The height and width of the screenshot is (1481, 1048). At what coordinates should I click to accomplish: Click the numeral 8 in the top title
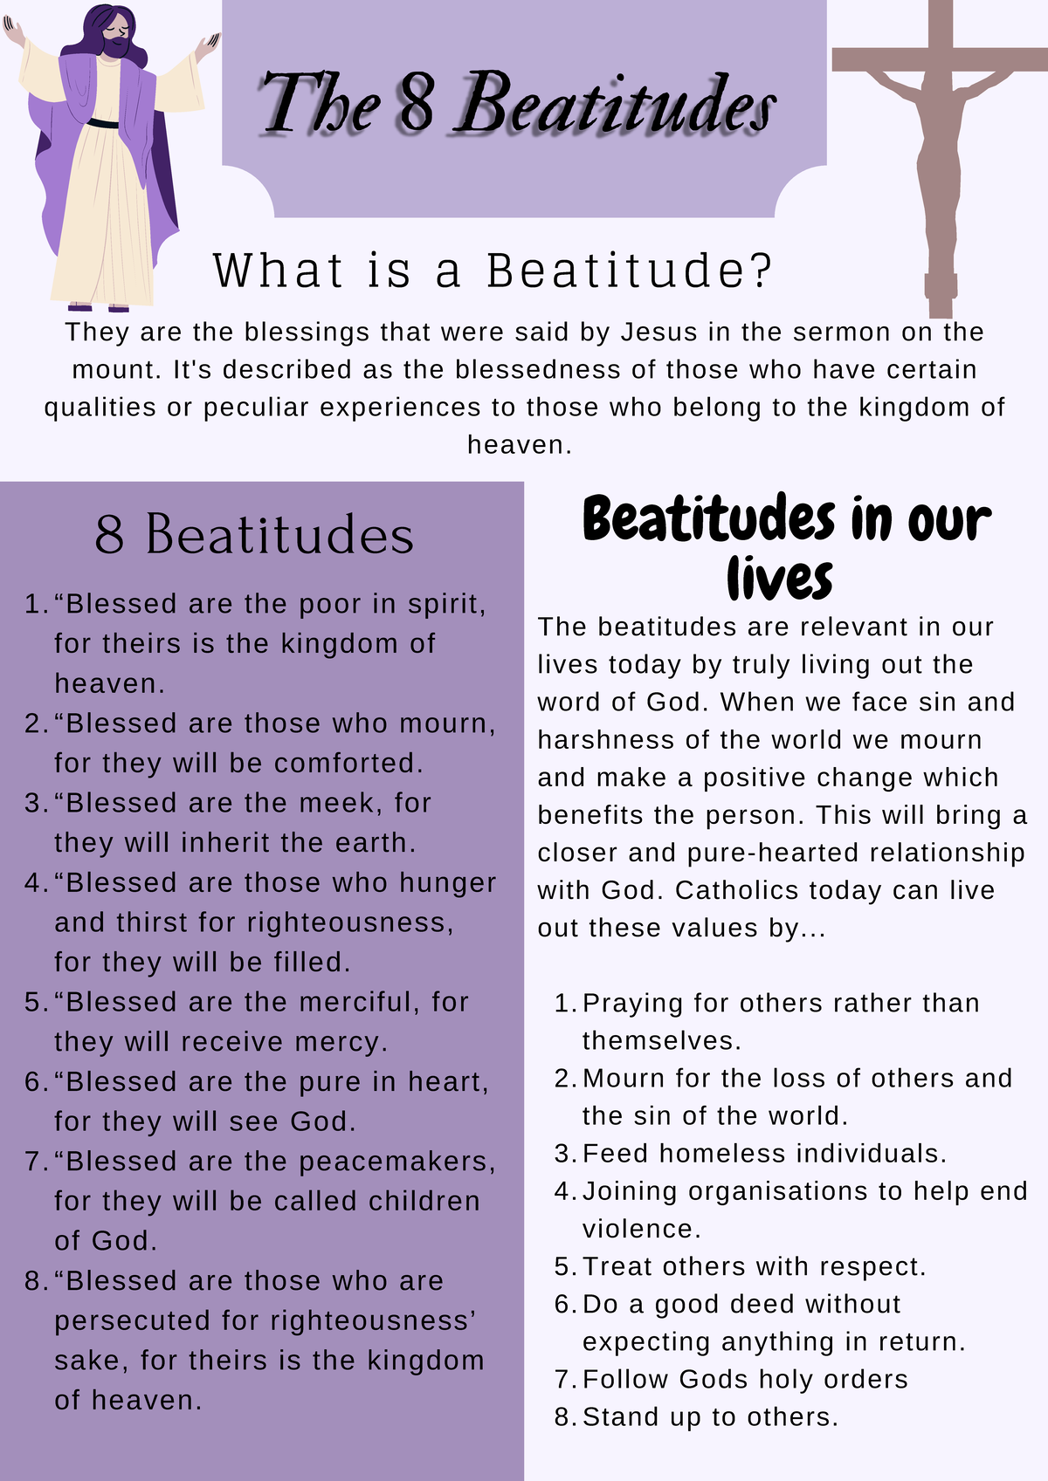tap(417, 103)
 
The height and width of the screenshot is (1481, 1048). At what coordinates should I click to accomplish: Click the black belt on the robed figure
tap(102, 123)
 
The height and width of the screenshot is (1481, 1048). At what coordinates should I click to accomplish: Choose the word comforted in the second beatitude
tap(348, 764)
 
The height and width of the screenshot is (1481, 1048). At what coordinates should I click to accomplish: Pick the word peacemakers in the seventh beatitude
tap(396, 1162)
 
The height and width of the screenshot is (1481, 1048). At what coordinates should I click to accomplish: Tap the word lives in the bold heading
tap(779, 578)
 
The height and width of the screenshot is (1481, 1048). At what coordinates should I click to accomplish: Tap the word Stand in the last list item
tap(621, 1417)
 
